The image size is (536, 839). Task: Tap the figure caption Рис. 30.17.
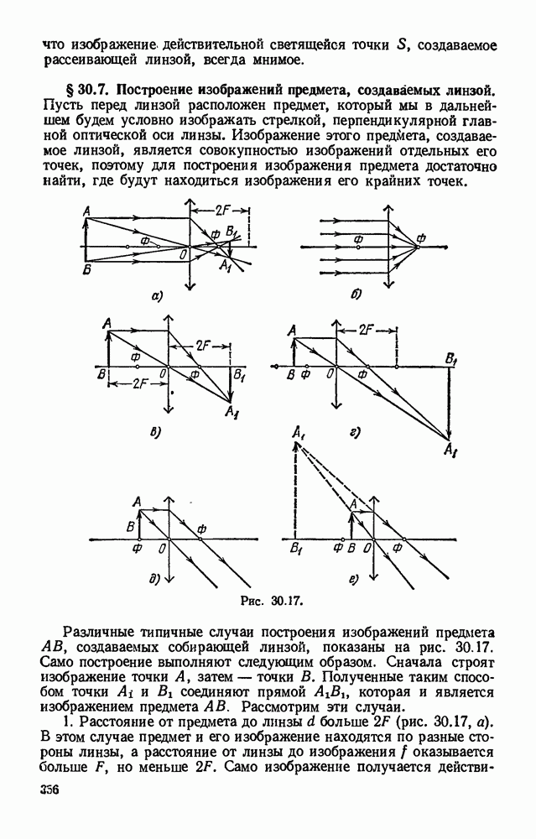click(271, 601)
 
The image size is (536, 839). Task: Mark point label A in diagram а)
click(87, 213)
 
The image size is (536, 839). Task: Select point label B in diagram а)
click(87, 270)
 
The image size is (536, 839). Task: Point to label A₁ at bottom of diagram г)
click(450, 452)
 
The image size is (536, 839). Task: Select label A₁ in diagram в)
click(231, 410)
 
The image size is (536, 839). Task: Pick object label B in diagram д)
click(130, 527)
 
